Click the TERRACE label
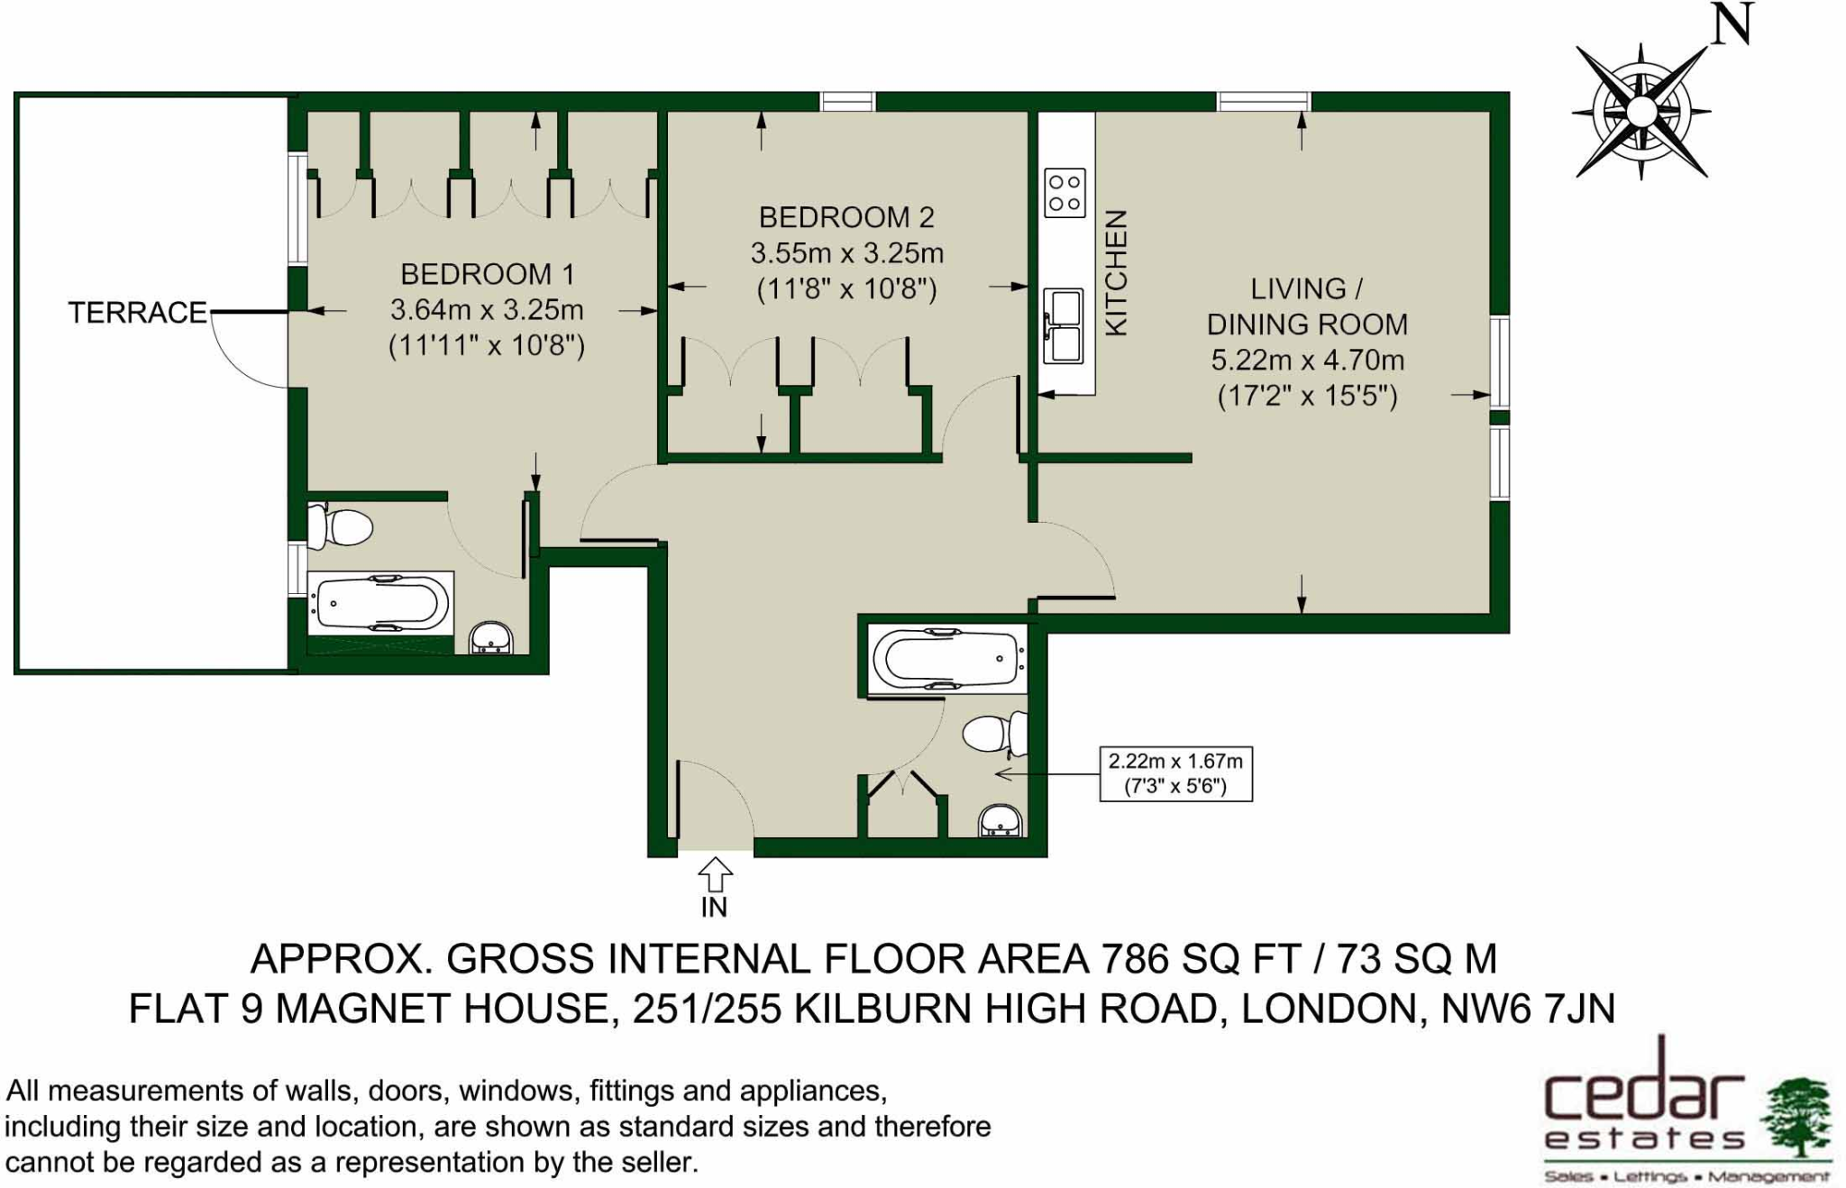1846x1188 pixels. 138,312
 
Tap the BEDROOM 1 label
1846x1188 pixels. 487,274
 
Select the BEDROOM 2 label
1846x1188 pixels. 846,217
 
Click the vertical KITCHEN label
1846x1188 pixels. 1116,273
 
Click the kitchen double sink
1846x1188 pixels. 1064,325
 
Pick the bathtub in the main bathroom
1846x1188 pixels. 946,659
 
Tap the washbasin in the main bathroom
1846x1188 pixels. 1001,820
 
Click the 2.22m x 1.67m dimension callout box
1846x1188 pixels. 1175,773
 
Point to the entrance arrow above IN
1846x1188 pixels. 715,874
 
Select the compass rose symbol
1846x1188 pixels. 1641,112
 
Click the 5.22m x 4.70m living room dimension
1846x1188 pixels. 1307,361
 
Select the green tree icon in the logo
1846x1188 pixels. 1796,1115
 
